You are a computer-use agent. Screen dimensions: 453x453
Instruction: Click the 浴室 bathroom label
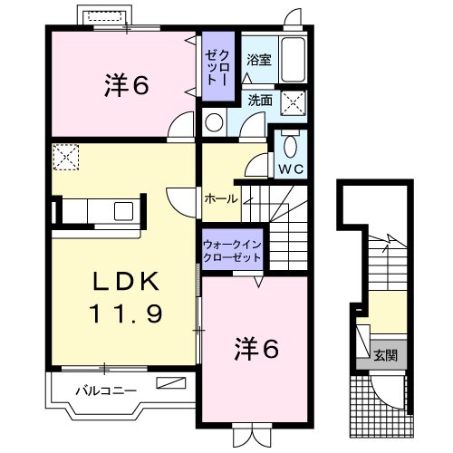coord(258,61)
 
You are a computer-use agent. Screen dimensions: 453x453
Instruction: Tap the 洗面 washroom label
coord(260,101)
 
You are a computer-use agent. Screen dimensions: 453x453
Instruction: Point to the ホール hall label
coord(221,198)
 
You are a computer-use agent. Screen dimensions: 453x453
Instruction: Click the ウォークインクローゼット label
coord(232,251)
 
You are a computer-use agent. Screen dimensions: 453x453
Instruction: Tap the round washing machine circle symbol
coord(215,121)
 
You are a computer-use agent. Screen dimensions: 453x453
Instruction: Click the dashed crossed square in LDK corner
coord(66,158)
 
